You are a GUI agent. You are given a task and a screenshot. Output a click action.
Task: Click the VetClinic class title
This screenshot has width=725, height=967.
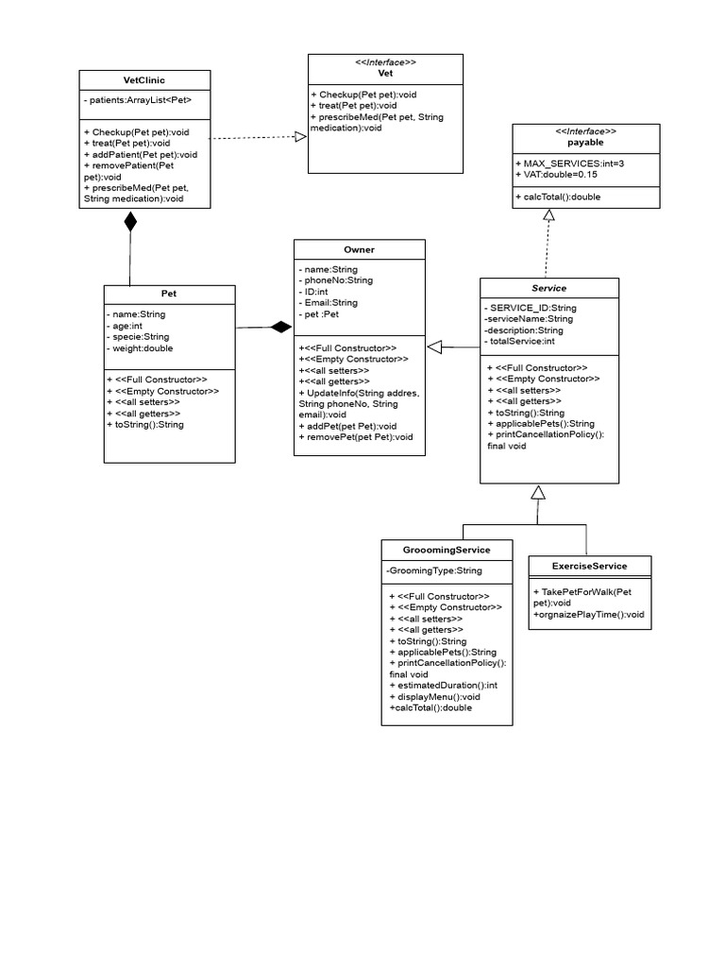pos(144,80)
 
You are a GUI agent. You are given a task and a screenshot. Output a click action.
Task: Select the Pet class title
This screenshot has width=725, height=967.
pos(169,294)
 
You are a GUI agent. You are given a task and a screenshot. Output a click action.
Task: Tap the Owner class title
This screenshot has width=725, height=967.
pos(359,249)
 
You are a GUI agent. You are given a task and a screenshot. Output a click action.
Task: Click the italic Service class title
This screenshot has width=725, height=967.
pos(549,288)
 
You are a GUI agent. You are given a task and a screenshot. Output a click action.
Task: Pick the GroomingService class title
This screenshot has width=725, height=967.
pos(447,550)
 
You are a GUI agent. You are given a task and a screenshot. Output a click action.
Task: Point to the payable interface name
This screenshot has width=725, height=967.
pos(586,143)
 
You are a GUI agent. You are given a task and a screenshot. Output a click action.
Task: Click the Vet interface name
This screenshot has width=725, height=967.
pos(385,73)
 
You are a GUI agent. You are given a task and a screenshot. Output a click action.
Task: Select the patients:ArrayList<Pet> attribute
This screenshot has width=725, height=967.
pos(142,99)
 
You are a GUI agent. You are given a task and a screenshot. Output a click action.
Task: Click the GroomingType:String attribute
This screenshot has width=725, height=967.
pos(434,570)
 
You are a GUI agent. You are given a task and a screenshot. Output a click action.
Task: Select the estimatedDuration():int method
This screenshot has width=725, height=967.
pos(443,685)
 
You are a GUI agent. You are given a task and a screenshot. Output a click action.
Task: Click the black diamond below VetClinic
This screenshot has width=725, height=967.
pos(130,223)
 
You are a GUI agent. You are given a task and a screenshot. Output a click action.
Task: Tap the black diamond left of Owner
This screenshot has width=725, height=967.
pos(280,328)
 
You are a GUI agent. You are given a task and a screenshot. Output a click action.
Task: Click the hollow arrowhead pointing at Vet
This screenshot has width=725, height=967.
pos(300,137)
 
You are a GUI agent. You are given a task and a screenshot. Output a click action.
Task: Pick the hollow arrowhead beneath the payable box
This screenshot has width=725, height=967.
pos(548,215)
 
